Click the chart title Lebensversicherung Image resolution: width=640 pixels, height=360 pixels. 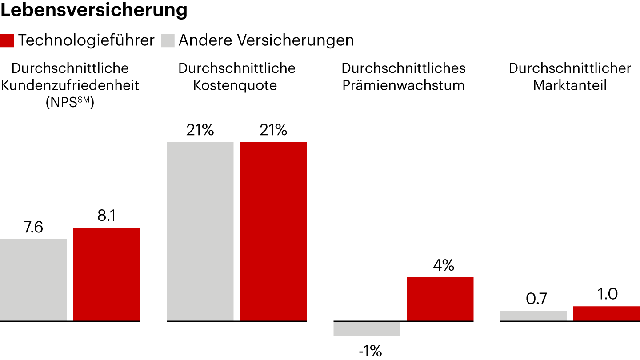tap(94, 11)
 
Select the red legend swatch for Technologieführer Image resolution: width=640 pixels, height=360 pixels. tap(7, 40)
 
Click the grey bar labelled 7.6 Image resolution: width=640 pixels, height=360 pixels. tap(33, 280)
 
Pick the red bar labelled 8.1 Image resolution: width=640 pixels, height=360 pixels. tap(107, 274)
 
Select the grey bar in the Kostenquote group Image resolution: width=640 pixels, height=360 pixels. tap(200, 231)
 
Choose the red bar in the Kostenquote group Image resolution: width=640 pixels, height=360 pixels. tap(273, 231)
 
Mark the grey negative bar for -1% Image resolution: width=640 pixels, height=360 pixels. tap(367, 328)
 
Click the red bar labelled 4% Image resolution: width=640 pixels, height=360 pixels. tap(440, 299)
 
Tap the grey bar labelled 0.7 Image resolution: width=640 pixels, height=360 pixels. tap(533, 316)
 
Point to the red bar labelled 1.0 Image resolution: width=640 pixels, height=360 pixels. tap(606, 313)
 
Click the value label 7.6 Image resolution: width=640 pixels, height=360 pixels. tap(33, 228)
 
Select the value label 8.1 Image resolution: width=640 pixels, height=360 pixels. tap(106, 216)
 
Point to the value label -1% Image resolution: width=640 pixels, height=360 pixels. tap(370, 351)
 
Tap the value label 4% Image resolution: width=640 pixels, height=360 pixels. tap(443, 266)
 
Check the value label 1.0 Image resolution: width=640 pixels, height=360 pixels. tap(608, 295)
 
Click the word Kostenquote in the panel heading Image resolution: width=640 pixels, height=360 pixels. tap(235, 85)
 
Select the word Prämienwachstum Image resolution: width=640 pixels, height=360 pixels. tap(403, 85)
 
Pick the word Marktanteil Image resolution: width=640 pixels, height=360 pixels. tap(570, 85)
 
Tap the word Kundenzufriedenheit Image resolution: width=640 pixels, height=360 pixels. tap(70, 85)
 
